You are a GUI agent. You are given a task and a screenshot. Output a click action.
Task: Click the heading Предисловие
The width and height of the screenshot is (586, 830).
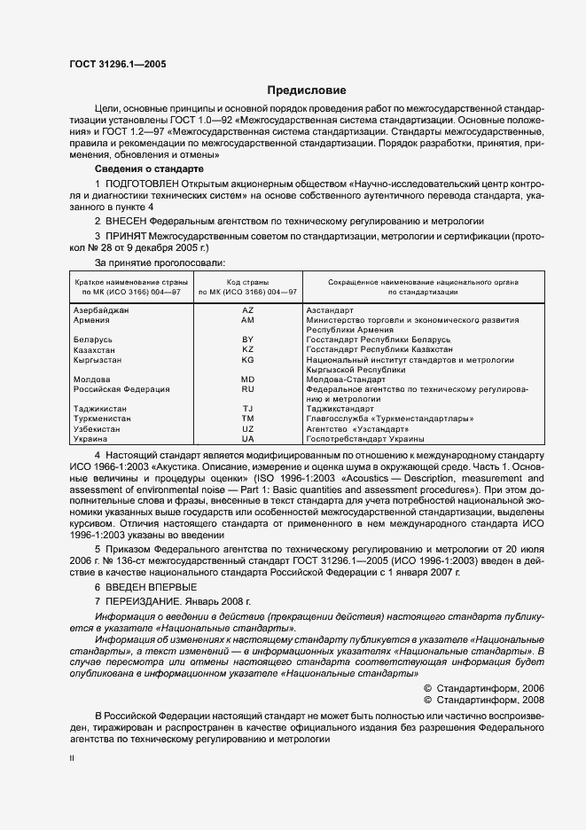click(x=306, y=90)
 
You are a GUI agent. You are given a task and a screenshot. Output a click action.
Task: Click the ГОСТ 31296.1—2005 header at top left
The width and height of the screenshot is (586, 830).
click(x=116, y=64)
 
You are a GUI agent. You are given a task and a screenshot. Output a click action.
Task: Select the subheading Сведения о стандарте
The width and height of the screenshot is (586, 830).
click(x=149, y=168)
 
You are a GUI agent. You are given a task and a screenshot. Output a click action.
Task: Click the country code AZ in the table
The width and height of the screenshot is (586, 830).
click(x=247, y=310)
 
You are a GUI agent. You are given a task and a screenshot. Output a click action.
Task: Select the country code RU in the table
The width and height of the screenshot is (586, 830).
click(x=247, y=389)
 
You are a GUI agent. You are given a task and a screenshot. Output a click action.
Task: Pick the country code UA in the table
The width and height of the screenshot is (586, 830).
click(x=247, y=439)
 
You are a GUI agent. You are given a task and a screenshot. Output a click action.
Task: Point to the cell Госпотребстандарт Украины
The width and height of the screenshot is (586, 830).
click(x=364, y=439)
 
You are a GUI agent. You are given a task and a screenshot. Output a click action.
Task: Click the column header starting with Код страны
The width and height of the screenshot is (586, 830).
click(x=247, y=286)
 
